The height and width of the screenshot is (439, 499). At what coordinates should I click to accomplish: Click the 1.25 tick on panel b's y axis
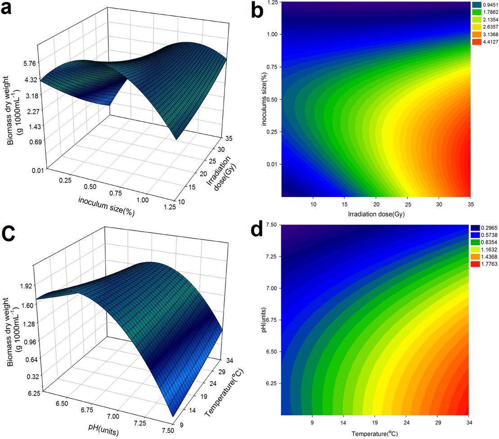coord(271,2)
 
